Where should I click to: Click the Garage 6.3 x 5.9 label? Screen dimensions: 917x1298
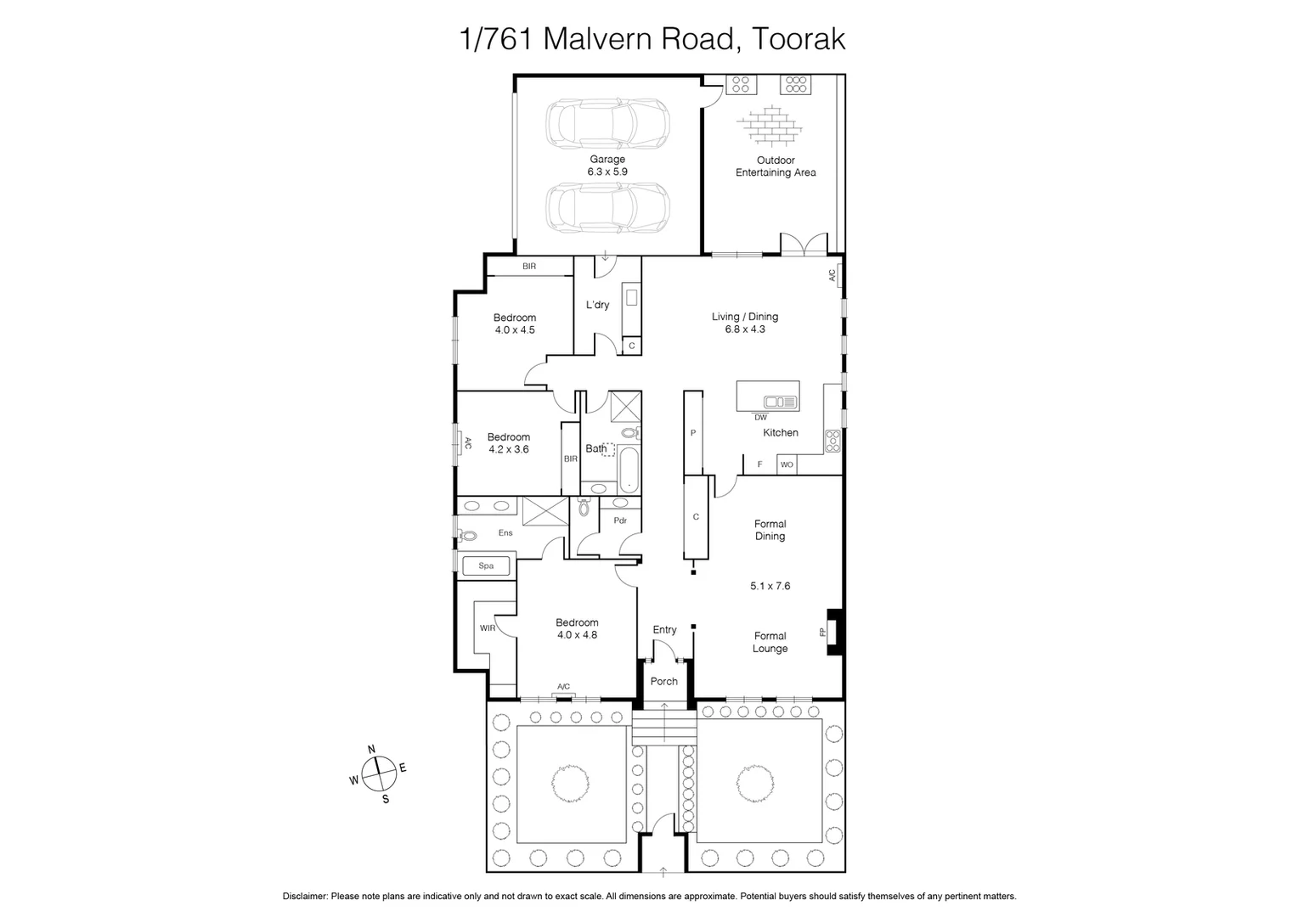pos(607,166)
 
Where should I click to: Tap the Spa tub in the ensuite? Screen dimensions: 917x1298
pos(486,565)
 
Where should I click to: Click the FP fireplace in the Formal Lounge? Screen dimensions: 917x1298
pos(833,633)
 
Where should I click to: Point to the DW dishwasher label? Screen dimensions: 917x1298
pos(760,418)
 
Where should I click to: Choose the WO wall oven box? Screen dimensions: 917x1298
pos(787,464)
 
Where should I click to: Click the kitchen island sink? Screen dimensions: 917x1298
pos(780,402)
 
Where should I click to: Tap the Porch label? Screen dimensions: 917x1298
pos(664,681)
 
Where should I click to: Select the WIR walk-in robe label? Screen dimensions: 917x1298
pos(487,628)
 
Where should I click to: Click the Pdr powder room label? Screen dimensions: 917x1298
pos(620,520)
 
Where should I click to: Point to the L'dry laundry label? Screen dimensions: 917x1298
pos(598,305)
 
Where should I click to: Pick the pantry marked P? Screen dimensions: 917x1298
pos(693,433)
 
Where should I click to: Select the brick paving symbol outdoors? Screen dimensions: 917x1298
pos(770,125)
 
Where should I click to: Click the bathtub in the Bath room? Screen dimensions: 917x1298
pos(627,471)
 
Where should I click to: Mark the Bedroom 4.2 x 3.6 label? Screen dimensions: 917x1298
pos(508,443)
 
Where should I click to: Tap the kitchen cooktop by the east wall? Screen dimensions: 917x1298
pos(832,441)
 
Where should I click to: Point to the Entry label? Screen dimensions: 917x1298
pos(664,629)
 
